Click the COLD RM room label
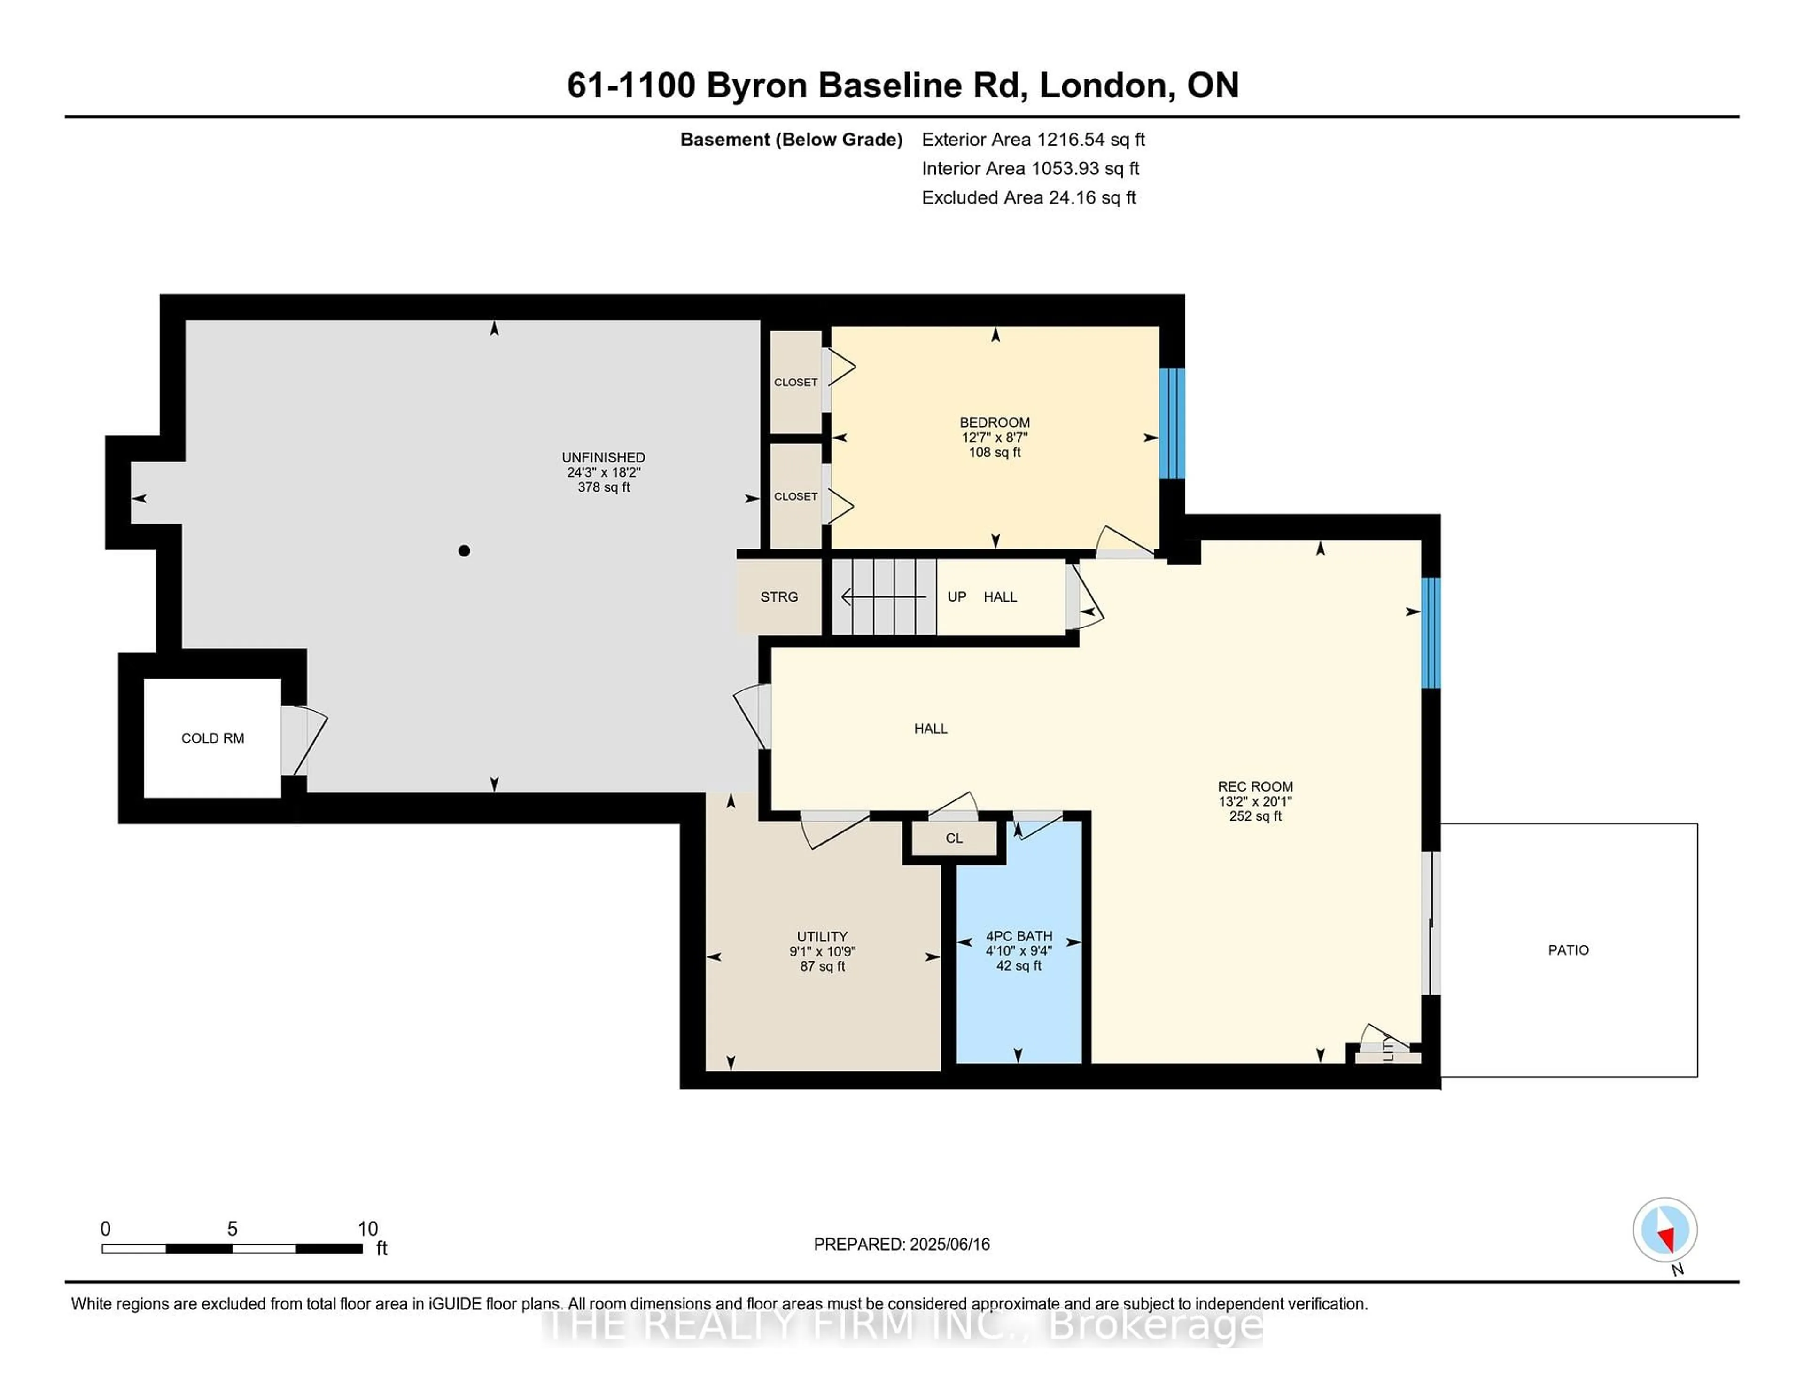coord(212,738)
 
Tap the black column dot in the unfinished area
coord(464,550)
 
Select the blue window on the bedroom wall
coord(1171,423)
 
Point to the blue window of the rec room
coord(1431,633)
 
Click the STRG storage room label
coord(779,596)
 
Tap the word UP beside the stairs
coord(956,596)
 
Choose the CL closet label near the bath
coord(954,838)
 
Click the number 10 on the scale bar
coord(367,1229)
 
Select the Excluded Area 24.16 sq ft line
coord(1029,197)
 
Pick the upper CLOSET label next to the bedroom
coord(795,382)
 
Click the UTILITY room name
coord(822,936)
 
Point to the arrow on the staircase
coord(883,596)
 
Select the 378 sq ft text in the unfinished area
coord(604,487)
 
